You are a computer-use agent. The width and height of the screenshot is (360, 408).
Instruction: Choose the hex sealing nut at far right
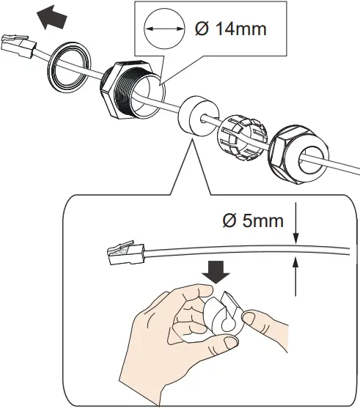pos(297,153)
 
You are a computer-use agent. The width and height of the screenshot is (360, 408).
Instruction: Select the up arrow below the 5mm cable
pos(295,275)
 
